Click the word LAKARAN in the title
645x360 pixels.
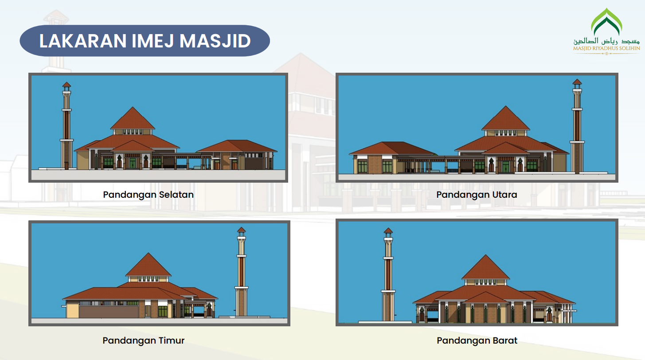[x=82, y=41]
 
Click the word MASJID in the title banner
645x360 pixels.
[x=215, y=41]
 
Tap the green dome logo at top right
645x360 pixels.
[x=606, y=22]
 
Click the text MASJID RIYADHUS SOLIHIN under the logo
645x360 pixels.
[x=606, y=48]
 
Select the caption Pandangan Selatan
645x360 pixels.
[x=149, y=195]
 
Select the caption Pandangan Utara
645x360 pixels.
[x=477, y=195]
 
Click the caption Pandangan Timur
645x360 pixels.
[x=143, y=340]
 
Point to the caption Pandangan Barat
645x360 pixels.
[x=477, y=340]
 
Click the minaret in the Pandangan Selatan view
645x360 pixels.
[x=66, y=125]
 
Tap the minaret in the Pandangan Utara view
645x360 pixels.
[x=577, y=126]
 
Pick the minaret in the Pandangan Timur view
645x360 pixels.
[x=241, y=272]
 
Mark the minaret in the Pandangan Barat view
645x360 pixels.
[x=388, y=274]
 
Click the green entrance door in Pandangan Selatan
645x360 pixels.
[x=132, y=163]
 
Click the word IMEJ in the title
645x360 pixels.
[x=153, y=41]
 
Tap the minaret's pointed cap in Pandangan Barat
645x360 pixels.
[x=388, y=231]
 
